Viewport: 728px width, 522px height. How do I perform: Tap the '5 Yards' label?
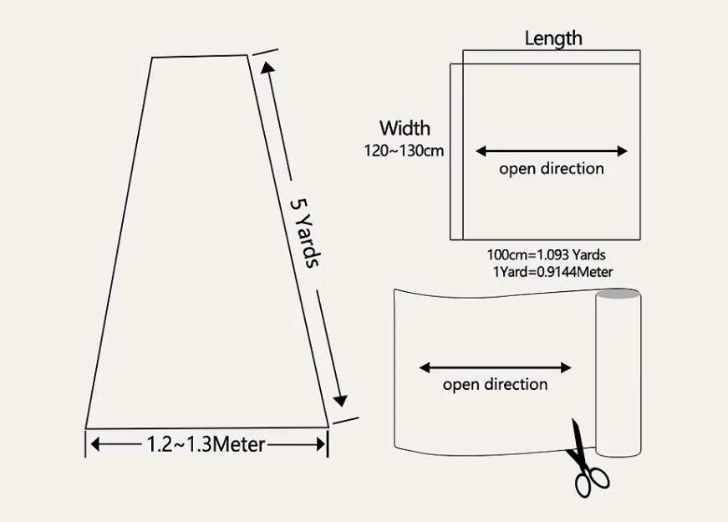[x=304, y=232]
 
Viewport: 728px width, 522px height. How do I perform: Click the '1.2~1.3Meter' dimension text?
[x=206, y=443]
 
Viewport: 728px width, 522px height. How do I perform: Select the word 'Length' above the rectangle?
[x=553, y=38]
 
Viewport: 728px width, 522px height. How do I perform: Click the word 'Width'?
[x=405, y=128]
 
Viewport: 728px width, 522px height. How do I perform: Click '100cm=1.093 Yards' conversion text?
[x=547, y=254]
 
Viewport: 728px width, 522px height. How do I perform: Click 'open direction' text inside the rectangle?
[x=552, y=168]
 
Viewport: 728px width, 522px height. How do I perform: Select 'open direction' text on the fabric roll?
[x=495, y=384]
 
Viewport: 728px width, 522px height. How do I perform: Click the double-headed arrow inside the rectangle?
[x=552, y=151]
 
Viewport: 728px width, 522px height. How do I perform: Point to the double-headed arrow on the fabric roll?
[x=495, y=367]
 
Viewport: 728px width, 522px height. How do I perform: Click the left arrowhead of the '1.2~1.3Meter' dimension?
[x=94, y=444]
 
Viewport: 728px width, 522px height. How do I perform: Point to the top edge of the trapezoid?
[x=200, y=56]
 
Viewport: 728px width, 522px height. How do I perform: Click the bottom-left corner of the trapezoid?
[x=86, y=427]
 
